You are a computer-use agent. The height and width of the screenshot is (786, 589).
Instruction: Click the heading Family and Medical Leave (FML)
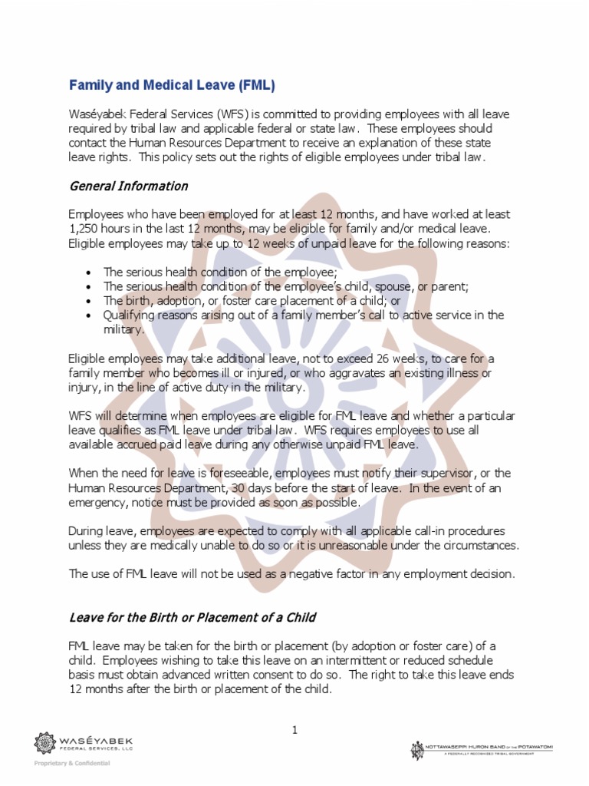(x=172, y=84)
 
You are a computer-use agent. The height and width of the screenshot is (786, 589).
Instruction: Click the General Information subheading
(x=128, y=186)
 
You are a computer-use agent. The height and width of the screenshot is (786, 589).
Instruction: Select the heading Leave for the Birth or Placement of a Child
(x=192, y=617)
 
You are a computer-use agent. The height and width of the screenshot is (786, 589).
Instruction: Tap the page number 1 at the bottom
(x=294, y=730)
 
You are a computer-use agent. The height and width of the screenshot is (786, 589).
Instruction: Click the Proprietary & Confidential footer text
(x=71, y=763)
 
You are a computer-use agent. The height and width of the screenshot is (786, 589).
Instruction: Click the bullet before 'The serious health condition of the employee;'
(x=90, y=272)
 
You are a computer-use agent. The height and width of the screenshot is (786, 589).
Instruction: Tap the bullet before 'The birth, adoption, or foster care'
(x=90, y=301)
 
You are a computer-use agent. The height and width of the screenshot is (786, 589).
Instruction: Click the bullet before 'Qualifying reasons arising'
(x=90, y=315)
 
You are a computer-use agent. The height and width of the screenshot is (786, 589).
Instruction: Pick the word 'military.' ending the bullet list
(x=124, y=329)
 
